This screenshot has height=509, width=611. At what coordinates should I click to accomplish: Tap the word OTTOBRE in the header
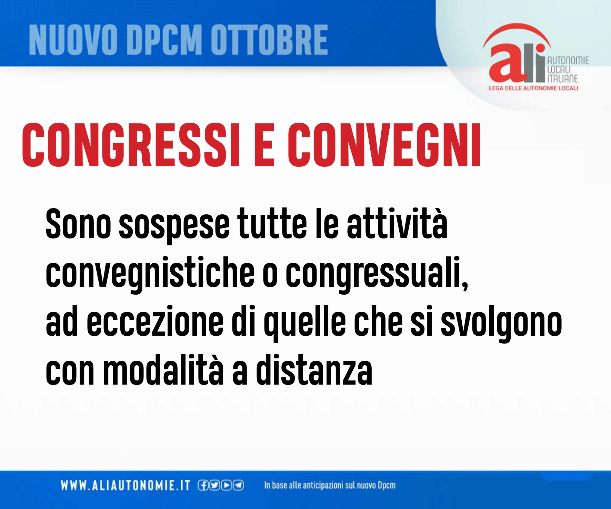pyautogui.click(x=269, y=40)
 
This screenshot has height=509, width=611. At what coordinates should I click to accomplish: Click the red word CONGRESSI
pyautogui.click(x=131, y=145)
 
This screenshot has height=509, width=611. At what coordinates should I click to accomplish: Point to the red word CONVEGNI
pyautogui.click(x=384, y=145)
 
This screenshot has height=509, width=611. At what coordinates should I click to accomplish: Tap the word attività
pyautogui.click(x=397, y=223)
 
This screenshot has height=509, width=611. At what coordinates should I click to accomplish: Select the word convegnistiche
pyautogui.click(x=150, y=274)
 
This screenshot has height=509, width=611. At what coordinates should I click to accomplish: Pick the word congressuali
pyautogui.click(x=377, y=274)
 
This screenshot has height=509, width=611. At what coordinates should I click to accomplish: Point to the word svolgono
pyautogui.click(x=502, y=323)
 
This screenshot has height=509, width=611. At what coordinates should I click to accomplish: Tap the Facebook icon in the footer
pyautogui.click(x=203, y=485)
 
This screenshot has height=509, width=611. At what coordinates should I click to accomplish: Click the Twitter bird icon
pyautogui.click(x=214, y=485)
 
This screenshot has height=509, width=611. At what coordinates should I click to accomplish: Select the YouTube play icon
pyautogui.click(x=227, y=485)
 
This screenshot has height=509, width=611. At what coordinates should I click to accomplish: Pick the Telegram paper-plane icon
pyautogui.click(x=238, y=485)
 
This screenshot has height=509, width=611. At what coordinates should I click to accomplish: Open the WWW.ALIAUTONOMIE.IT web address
pyautogui.click(x=125, y=485)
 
